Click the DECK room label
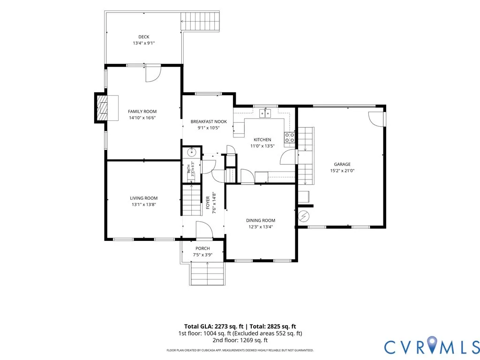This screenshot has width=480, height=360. (143, 37)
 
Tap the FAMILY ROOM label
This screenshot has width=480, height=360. (142, 112)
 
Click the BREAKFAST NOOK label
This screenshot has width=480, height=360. (209, 121)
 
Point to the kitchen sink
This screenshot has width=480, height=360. (265, 113)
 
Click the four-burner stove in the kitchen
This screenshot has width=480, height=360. (290, 137)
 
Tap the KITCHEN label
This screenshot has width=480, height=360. (262, 140)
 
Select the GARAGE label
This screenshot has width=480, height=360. (342, 165)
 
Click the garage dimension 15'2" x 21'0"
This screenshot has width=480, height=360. (342, 171)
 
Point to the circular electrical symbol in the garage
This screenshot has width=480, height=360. (304, 217)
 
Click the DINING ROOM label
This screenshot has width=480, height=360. (261, 220)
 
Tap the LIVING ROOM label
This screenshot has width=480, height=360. (143, 198)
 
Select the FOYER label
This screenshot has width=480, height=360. (208, 202)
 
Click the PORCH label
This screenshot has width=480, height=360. (202, 248)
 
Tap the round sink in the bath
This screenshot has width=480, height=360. (192, 151)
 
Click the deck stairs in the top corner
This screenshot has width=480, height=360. (200, 21)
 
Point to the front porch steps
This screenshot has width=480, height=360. (208, 273)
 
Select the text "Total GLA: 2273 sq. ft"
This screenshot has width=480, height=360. (216, 326)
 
